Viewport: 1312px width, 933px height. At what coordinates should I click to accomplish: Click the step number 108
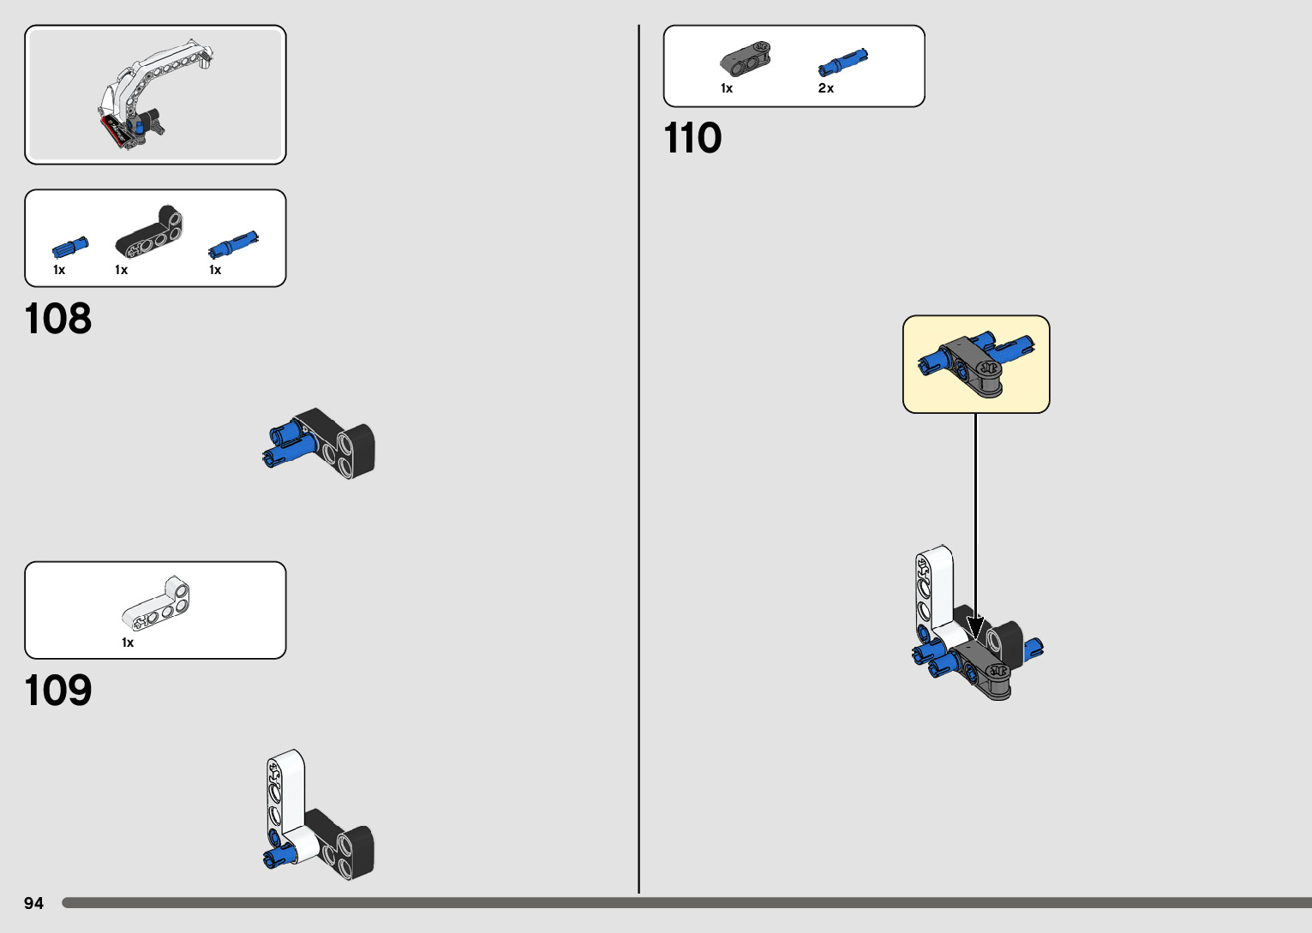57,319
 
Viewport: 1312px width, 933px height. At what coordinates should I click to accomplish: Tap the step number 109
57,691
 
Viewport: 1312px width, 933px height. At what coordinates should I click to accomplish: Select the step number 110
692,138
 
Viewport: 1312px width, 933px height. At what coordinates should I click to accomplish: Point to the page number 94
33,903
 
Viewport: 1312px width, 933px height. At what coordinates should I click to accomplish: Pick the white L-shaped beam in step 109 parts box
157,603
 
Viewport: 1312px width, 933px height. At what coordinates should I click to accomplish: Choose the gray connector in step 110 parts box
745,58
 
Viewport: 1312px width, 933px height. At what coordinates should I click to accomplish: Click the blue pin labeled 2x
842,63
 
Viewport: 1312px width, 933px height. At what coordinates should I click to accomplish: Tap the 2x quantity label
826,88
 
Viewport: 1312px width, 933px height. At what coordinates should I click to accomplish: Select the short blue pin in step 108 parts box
69,248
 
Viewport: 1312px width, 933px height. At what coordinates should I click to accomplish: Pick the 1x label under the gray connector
727,88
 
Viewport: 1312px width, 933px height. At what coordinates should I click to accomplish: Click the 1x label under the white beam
128,643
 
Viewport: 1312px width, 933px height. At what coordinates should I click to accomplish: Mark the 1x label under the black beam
122,270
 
